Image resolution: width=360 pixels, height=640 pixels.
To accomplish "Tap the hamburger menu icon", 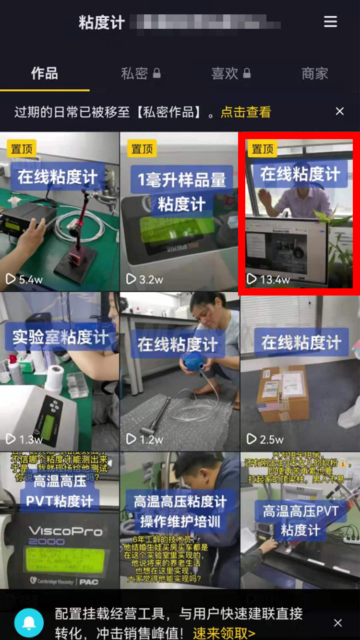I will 330,22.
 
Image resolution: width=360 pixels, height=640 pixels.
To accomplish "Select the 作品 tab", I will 44,73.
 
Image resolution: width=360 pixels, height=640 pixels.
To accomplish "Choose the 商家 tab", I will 314,73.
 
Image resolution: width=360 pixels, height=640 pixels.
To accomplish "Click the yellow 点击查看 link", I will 246,112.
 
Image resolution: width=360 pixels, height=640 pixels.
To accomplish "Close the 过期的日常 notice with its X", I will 340,111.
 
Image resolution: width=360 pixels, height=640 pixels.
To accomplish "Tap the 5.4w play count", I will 24,279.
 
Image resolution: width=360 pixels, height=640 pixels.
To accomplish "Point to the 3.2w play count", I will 144,279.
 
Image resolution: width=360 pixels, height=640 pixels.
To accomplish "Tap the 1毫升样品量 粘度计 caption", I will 181,192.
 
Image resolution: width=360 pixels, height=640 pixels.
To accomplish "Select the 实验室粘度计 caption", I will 60,338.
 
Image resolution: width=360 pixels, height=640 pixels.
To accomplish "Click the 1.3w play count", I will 24,439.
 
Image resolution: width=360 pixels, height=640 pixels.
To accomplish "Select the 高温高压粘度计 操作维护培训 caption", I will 180,511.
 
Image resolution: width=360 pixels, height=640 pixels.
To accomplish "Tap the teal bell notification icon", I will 29,622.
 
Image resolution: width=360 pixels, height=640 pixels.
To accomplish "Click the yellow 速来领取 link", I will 224,633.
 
